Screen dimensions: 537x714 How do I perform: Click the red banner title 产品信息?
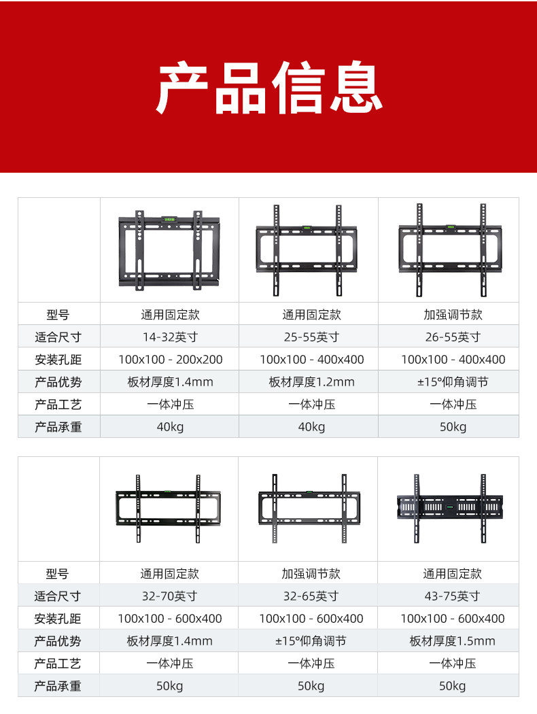[x=268, y=88]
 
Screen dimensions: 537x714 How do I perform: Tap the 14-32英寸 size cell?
[x=170, y=337]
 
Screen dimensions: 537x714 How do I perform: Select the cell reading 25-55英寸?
[x=311, y=337]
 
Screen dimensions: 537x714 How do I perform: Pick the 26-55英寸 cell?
[x=453, y=337]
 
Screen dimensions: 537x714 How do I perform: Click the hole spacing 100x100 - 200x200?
[x=170, y=359]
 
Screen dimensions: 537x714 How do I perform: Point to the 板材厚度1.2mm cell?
[x=311, y=381]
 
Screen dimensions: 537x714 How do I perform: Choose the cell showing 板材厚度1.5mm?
[x=453, y=641]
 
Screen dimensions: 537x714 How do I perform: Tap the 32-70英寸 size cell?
[x=170, y=596]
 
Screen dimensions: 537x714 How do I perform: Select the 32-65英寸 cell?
[x=311, y=596]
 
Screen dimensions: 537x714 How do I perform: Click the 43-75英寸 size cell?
[x=453, y=596]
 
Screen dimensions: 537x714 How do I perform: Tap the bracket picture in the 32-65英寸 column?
[x=309, y=508]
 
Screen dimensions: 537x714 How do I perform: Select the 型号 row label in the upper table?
[x=58, y=315]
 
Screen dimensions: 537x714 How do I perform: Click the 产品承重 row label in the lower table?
[x=58, y=685]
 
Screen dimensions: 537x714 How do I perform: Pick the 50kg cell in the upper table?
[x=453, y=426]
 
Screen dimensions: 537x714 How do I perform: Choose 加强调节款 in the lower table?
[x=311, y=574]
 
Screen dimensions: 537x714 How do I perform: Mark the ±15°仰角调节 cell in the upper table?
[x=453, y=381]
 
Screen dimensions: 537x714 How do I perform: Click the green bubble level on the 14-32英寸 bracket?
[x=169, y=219]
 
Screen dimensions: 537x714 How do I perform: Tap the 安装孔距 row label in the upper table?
[x=58, y=359]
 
